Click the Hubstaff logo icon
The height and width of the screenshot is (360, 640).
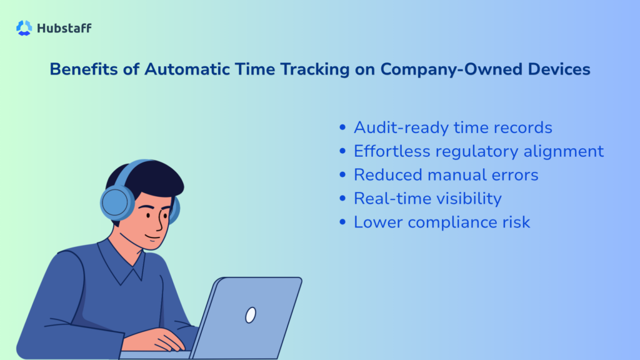pos(24,27)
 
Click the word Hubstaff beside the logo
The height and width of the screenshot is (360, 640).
pos(64,28)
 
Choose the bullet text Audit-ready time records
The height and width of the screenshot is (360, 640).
pos(452,127)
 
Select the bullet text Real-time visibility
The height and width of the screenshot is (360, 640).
pos(427,199)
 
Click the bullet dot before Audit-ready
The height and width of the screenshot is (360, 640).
pos(342,127)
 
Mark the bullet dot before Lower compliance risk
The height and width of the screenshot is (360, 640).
pos(342,222)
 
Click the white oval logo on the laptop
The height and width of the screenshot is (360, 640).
pos(251,315)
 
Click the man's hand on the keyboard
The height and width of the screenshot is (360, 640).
pos(156,340)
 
